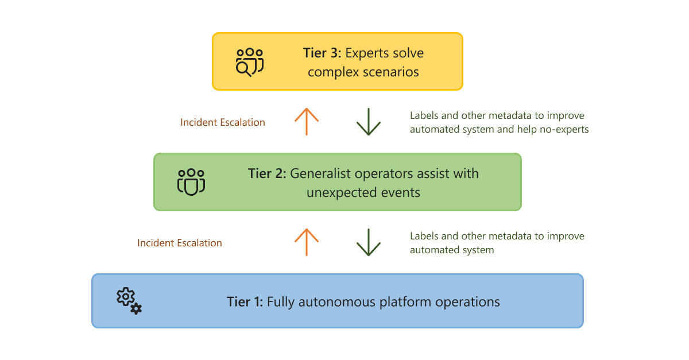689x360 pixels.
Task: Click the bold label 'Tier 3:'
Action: (322, 53)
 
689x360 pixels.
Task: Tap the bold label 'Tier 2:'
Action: (267, 173)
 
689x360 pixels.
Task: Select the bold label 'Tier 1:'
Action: (245, 301)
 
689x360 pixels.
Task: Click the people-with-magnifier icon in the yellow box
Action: (250, 61)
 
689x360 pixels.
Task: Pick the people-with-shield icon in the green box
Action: (191, 182)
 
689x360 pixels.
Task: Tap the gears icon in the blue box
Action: (129, 301)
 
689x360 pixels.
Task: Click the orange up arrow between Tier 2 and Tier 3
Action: (307, 121)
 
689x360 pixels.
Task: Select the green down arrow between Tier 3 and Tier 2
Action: (369, 121)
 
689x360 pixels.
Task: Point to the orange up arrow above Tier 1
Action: (307, 242)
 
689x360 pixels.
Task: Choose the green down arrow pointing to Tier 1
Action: (369, 242)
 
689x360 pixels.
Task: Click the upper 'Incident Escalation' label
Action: (223, 122)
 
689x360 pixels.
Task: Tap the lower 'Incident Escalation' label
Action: (180, 243)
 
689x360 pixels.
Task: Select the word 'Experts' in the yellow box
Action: (367, 53)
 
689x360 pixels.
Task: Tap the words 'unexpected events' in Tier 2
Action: (363, 192)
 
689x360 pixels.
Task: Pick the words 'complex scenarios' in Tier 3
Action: (363, 72)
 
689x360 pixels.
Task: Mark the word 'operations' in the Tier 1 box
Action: (468, 301)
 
